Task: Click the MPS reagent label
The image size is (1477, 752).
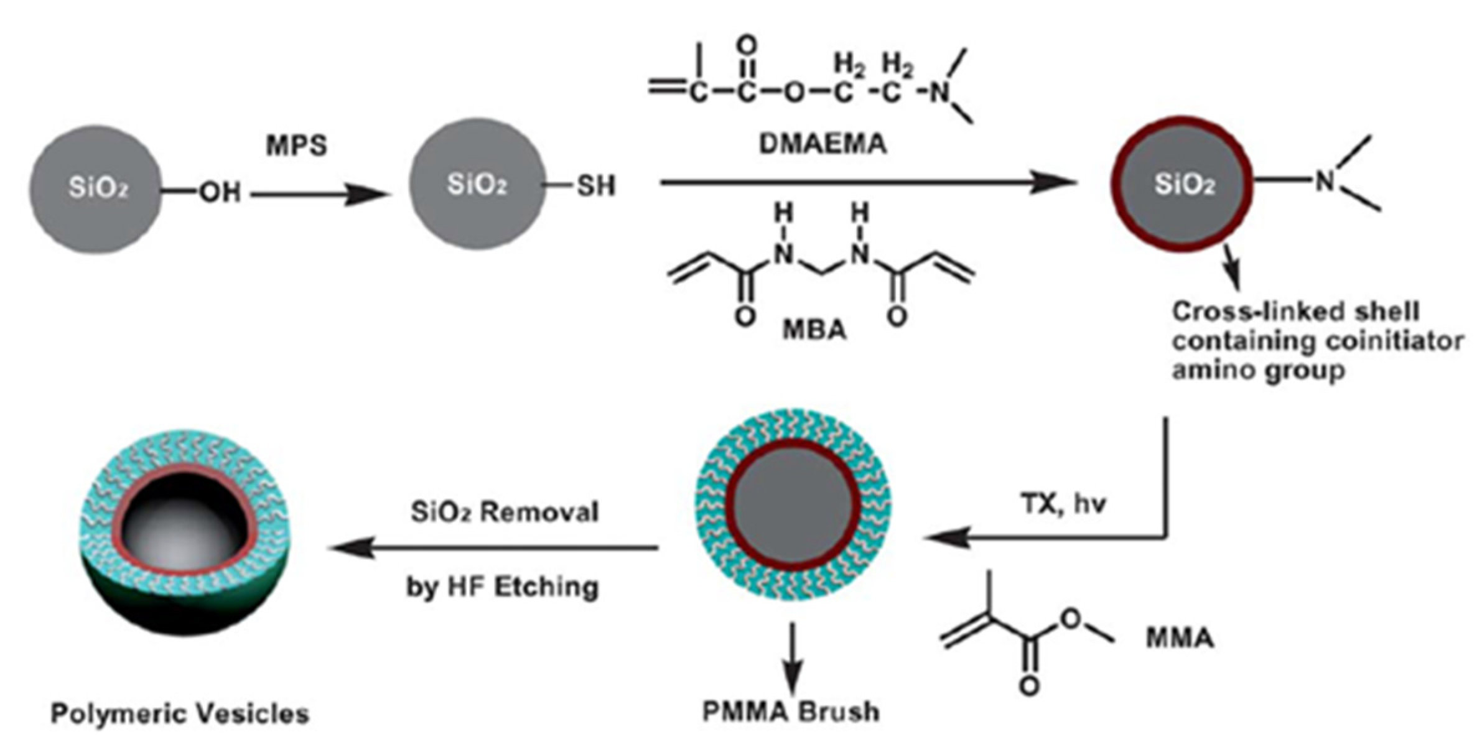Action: point(297,146)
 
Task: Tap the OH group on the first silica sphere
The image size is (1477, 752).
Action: point(220,193)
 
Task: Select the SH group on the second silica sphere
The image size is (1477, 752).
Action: point(595,185)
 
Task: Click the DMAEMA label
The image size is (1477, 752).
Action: point(822,144)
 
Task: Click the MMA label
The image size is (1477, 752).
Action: point(1180,638)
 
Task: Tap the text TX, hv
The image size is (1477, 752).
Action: point(1063,504)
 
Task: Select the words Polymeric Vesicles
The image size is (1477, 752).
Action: point(180,713)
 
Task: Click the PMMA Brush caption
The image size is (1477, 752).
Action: point(791,712)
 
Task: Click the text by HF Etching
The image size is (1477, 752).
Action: point(503,587)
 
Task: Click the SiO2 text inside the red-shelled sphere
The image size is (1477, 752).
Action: point(1184,185)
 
